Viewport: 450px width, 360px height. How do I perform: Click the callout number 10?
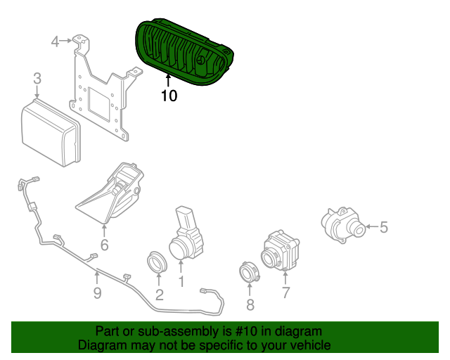pos(169,95)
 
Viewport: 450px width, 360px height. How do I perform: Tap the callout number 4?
pos(56,42)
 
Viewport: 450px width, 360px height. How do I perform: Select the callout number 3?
pos(37,79)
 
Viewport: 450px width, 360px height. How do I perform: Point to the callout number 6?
pos(104,245)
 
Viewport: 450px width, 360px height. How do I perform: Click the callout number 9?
pos(97,292)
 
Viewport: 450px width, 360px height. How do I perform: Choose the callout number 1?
pos(181,282)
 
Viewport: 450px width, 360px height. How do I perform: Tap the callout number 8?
pos(250,304)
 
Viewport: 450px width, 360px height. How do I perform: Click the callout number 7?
pos(285,292)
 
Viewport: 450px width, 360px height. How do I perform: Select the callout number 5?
pos(383,227)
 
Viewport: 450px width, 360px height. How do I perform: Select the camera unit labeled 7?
pos(281,250)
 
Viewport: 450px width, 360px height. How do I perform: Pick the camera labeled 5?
pos(342,224)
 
